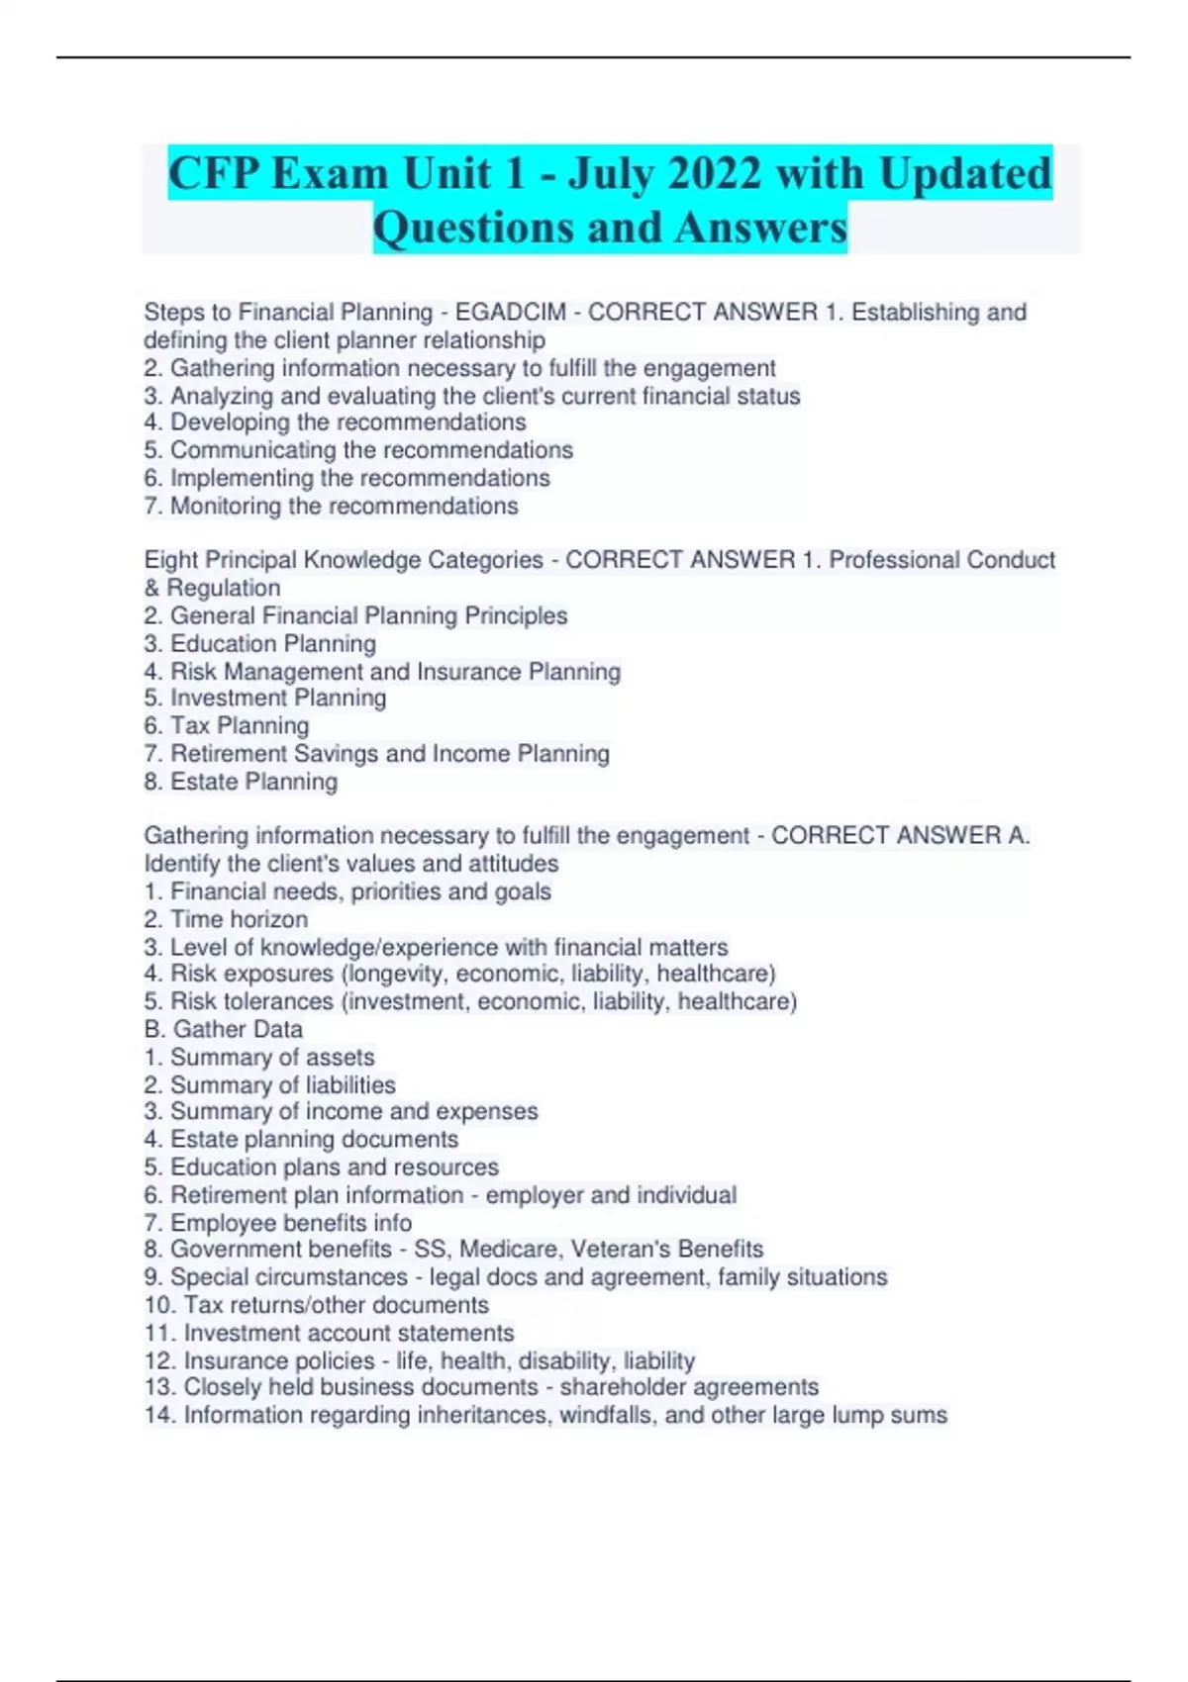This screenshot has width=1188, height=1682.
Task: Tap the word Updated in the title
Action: pos(965,173)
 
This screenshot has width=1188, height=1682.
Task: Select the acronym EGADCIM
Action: pos(511,313)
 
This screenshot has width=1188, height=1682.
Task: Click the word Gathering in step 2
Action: pos(223,368)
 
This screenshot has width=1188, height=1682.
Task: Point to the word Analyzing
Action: pos(223,396)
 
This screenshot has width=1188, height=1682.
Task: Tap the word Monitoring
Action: pos(226,506)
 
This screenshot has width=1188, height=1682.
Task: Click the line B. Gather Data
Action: pos(224,1029)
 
